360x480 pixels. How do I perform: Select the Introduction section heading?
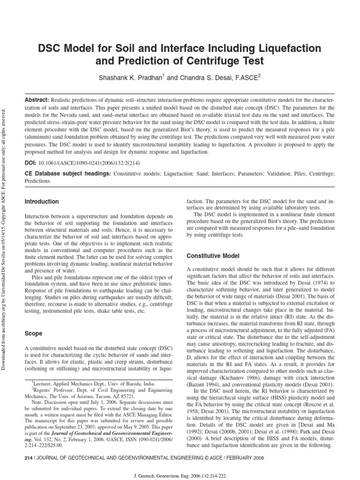click(41, 202)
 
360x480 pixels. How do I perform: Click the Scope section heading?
click(33, 333)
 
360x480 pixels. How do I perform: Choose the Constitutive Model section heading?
click(213, 256)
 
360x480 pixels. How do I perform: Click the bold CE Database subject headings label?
click(67, 173)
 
